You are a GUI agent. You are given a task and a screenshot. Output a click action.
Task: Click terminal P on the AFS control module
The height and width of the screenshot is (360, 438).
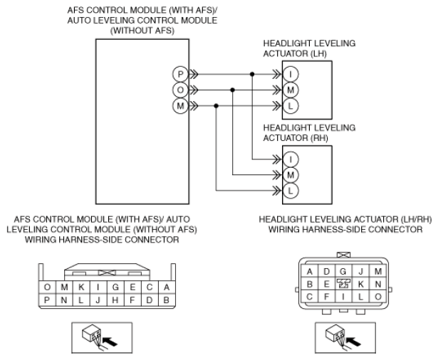180,74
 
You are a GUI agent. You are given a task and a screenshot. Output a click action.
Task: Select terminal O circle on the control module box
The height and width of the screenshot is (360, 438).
180,90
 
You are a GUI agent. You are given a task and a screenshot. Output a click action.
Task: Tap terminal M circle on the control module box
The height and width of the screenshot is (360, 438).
180,106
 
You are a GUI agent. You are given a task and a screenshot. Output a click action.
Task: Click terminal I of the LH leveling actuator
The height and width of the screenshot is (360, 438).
291,74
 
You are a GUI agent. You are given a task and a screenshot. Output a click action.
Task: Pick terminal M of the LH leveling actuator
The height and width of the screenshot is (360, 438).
291,90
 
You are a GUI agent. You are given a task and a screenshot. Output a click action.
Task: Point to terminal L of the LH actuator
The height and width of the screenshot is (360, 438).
291,106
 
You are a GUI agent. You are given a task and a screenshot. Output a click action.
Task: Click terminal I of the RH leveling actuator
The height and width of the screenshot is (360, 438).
291,159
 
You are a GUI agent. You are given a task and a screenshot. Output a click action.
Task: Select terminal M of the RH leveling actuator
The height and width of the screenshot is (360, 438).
291,175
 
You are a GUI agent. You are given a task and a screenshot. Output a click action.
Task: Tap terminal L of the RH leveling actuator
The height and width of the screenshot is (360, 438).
291,191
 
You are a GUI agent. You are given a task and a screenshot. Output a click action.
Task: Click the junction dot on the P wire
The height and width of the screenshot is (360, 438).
252,74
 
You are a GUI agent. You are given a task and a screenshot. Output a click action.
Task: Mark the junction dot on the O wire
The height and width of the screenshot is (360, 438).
232,90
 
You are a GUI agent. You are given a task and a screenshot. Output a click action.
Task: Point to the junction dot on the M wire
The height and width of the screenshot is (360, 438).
216,106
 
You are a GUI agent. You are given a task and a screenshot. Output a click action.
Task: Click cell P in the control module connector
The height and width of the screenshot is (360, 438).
47,300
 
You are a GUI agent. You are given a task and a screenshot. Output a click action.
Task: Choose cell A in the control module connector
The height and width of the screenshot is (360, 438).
167,287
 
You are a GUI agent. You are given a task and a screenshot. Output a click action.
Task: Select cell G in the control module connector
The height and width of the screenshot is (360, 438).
115,287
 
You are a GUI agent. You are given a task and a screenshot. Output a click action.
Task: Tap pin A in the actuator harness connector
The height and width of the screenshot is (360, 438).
309,271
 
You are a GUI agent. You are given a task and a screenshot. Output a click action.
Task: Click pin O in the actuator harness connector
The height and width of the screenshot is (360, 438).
378,297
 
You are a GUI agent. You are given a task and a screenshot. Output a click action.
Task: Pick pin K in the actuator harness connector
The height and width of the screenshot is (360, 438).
360,284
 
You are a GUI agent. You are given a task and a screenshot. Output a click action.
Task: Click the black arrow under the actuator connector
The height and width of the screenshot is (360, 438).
354,342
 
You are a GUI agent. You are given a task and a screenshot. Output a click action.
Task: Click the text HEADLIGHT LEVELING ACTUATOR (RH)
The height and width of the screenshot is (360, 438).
309,133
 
